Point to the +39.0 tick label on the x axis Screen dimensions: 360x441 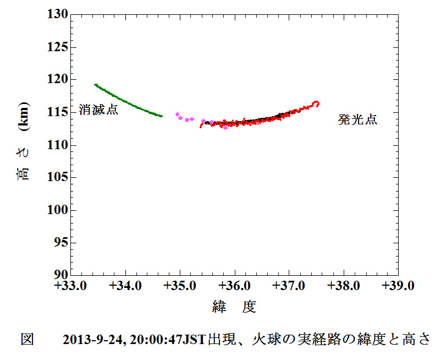[398, 286]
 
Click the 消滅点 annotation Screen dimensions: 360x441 [98, 109]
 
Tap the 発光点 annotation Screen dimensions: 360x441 [357, 119]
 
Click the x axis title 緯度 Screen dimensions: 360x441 [234, 307]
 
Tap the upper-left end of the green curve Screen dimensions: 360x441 [95, 85]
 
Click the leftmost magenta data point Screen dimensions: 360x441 [177, 114]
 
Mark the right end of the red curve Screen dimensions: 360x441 [317, 103]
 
